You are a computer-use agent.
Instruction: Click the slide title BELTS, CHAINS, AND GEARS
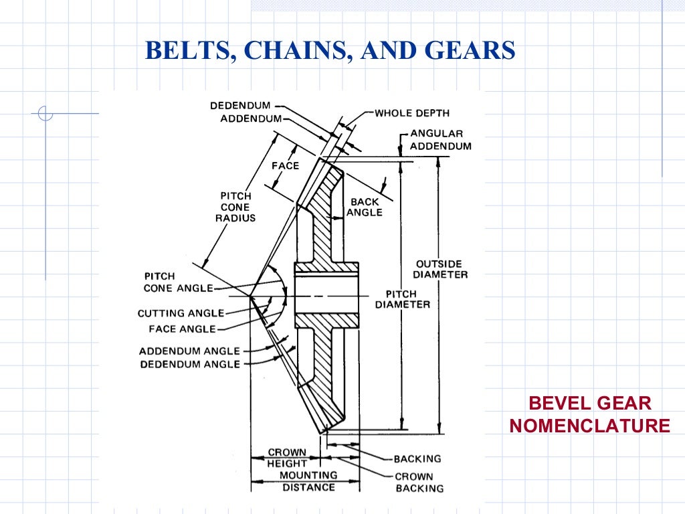tap(330, 50)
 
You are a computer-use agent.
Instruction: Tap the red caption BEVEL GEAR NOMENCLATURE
tap(589, 414)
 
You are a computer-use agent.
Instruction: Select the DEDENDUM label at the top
tap(240, 106)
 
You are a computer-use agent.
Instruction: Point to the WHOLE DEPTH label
tap(412, 113)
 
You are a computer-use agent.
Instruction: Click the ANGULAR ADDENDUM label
tap(440, 140)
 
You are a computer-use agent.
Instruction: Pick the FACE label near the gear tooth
tap(285, 165)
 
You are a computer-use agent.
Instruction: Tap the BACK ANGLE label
tap(365, 207)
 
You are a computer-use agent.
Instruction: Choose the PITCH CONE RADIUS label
tap(235, 207)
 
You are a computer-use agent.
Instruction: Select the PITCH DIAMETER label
tap(402, 299)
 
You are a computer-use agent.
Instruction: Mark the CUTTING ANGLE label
tap(181, 313)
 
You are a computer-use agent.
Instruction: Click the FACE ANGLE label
tap(182, 329)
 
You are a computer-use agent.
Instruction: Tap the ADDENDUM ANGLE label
tap(189, 351)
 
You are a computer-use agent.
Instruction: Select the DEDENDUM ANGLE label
tap(189, 364)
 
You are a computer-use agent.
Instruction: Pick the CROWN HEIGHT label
tap(287, 458)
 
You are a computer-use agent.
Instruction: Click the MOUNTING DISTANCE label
tap(308, 481)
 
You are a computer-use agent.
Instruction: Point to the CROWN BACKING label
tap(419, 482)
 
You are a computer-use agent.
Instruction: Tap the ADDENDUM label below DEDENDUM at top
tap(251, 118)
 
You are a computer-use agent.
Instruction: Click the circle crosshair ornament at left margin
tap(45, 114)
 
